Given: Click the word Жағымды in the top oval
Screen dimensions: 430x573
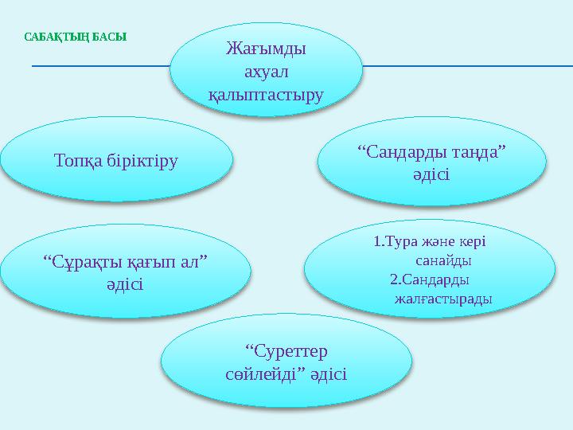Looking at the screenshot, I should point(266,49).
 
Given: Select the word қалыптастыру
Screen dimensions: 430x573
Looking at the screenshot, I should point(266,95).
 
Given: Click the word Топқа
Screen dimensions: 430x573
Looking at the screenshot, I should point(77,160).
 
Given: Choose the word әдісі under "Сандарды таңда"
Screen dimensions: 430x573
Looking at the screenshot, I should point(432,174).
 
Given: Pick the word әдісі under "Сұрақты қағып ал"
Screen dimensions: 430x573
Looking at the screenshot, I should point(126,283).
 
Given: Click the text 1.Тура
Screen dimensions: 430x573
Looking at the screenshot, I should point(391,241).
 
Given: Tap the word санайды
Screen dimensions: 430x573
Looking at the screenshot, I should point(443,260).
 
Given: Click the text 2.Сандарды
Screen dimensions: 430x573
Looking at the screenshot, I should point(429,279).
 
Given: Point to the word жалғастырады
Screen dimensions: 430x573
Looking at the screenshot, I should point(442,299).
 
